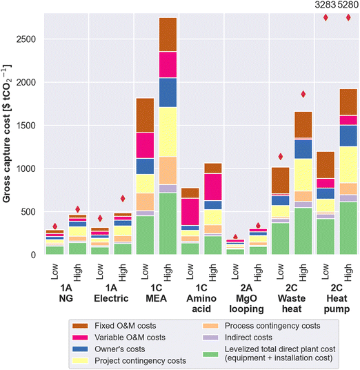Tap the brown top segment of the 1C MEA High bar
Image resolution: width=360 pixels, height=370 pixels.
pos(168,34)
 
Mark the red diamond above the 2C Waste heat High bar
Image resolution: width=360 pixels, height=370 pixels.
pos(303,94)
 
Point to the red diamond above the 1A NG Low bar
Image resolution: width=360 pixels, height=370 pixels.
pos(55,226)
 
